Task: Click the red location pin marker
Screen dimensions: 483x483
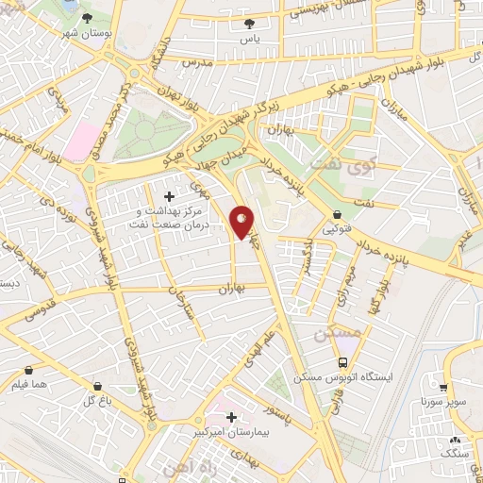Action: click(242, 223)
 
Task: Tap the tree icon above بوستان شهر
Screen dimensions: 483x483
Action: click(87, 18)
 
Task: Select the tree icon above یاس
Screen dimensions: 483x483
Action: click(249, 24)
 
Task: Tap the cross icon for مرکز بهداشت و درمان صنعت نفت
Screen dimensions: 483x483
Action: click(170, 196)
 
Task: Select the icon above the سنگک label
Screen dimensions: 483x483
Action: click(455, 440)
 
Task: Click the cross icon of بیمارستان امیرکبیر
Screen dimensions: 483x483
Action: click(230, 416)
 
